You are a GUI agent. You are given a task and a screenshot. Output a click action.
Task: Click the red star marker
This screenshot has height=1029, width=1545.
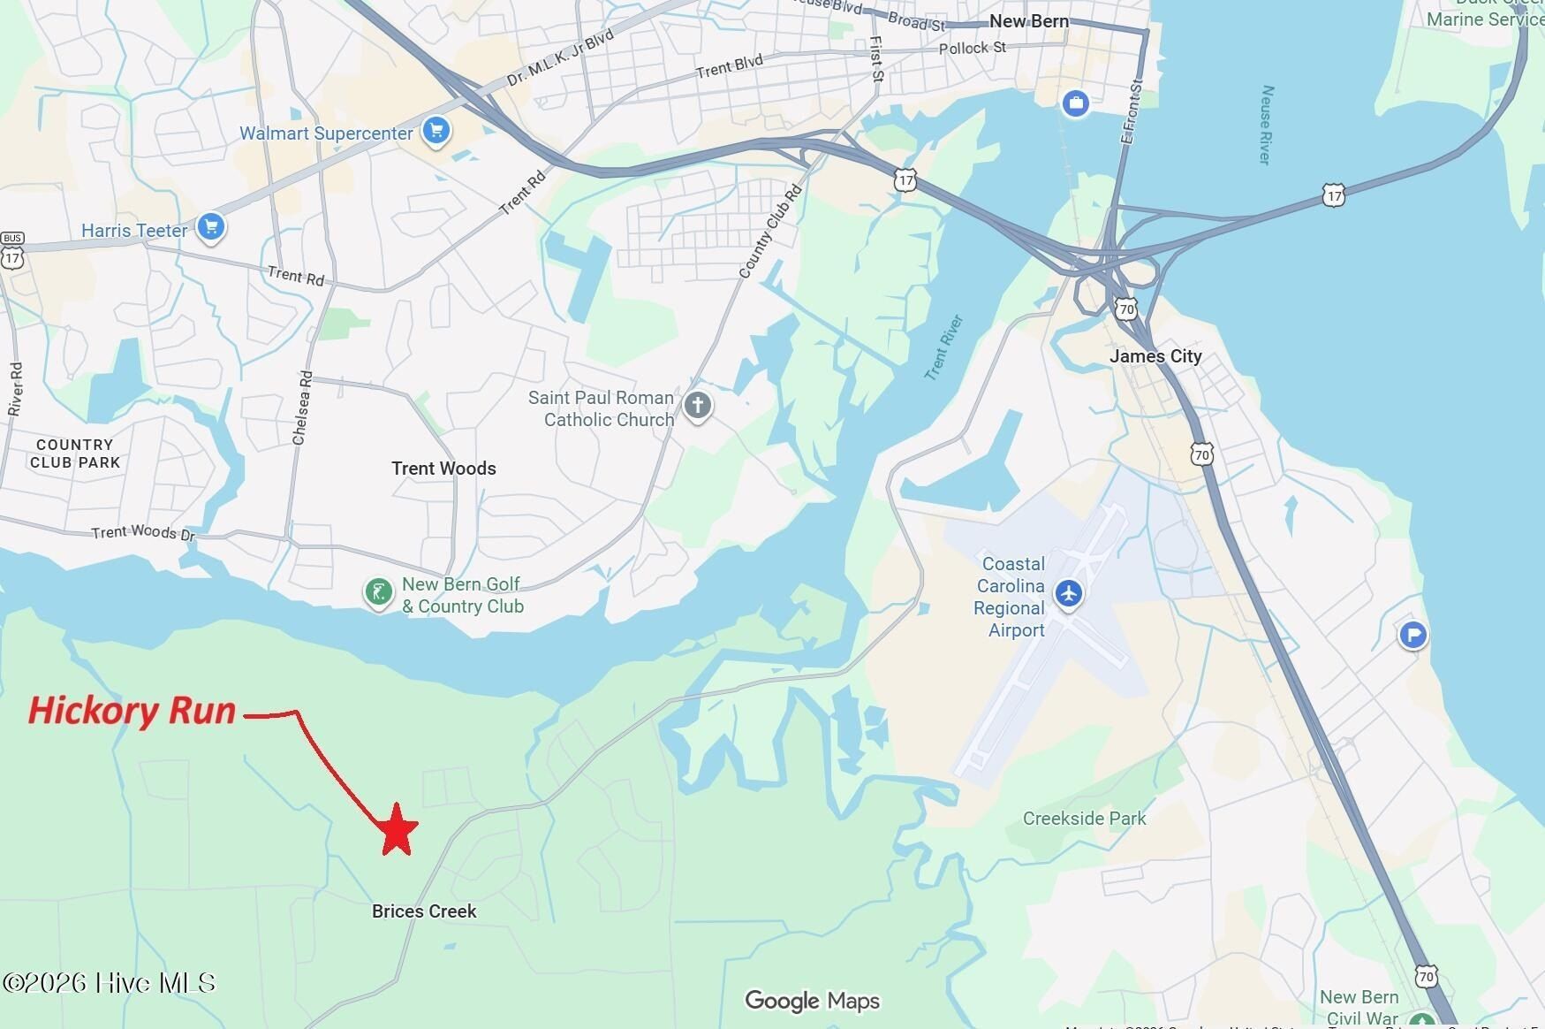point(398,830)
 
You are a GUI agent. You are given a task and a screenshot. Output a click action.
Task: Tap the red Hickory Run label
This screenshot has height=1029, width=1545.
point(133,711)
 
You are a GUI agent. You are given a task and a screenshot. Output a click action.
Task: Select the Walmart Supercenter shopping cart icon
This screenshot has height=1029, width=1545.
point(435,132)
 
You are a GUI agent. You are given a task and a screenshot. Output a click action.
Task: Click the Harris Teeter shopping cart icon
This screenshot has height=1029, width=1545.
point(210,227)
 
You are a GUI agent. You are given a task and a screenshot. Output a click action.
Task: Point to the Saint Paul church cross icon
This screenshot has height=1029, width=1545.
point(698,406)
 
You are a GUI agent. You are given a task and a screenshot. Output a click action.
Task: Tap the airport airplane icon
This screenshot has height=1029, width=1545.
point(1069,592)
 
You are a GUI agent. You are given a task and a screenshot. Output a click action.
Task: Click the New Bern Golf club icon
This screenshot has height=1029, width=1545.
point(378,592)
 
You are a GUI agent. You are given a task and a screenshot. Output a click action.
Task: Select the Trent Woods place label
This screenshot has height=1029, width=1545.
point(443,469)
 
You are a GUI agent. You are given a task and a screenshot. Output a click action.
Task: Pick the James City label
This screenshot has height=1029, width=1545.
point(1155,356)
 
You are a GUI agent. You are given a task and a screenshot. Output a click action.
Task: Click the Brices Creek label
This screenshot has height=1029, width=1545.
point(424,911)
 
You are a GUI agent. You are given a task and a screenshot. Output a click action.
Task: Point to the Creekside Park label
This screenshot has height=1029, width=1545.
point(1084,819)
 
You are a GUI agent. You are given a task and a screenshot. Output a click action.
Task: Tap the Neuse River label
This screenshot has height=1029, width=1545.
point(1267,125)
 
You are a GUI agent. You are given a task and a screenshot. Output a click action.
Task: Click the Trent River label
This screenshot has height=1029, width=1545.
point(943,347)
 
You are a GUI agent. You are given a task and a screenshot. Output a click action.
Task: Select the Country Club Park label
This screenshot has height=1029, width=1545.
point(75,454)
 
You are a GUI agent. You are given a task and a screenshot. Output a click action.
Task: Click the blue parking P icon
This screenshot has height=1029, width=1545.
point(1413,634)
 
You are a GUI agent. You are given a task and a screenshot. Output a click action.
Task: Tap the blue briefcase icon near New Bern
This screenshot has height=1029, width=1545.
point(1075,103)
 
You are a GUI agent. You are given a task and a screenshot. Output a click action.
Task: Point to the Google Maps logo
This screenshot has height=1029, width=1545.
point(812,1001)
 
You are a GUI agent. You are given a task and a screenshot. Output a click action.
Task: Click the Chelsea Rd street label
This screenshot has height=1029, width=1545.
point(302,408)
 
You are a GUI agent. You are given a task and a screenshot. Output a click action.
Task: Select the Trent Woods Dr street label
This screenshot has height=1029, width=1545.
point(143,532)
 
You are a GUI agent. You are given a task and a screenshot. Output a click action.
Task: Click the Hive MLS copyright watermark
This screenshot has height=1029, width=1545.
point(109,983)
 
